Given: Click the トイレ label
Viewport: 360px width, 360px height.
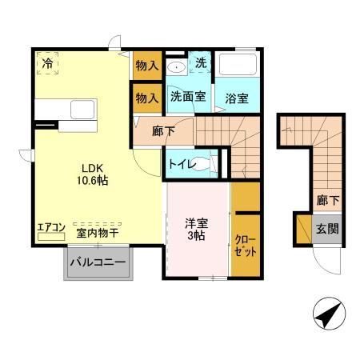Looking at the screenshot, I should [x=181, y=163].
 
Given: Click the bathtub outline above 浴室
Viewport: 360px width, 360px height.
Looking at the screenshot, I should [x=237, y=66].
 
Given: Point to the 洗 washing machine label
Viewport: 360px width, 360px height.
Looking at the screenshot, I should [x=202, y=62].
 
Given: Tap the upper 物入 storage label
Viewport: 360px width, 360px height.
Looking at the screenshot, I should [x=146, y=66].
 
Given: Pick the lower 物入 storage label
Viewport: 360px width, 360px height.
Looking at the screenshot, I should [x=146, y=98].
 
